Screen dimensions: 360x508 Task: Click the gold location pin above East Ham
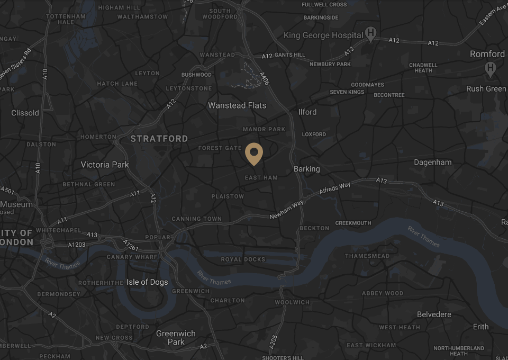coord(254,154)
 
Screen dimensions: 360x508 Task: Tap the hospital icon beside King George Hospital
coord(371,35)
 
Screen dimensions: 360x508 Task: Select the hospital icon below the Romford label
coord(491,68)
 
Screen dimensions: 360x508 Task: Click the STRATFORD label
coord(159,139)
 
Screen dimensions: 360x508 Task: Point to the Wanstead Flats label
coord(237,105)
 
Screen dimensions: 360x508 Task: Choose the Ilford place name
coord(307,112)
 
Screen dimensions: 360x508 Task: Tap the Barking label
coord(307,169)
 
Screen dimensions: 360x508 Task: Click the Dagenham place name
coord(433,163)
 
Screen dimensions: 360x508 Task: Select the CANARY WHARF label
coord(132,257)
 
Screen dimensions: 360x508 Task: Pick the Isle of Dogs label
coord(147,282)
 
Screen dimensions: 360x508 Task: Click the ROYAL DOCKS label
coord(243,259)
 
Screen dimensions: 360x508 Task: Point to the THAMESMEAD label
coord(367,256)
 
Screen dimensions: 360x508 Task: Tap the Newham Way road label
coord(286,210)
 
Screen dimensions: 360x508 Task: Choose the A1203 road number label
coord(76,245)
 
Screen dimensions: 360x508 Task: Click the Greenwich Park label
coord(176,338)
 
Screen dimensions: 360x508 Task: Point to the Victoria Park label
coord(105,165)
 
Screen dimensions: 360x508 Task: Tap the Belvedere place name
coord(434,314)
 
